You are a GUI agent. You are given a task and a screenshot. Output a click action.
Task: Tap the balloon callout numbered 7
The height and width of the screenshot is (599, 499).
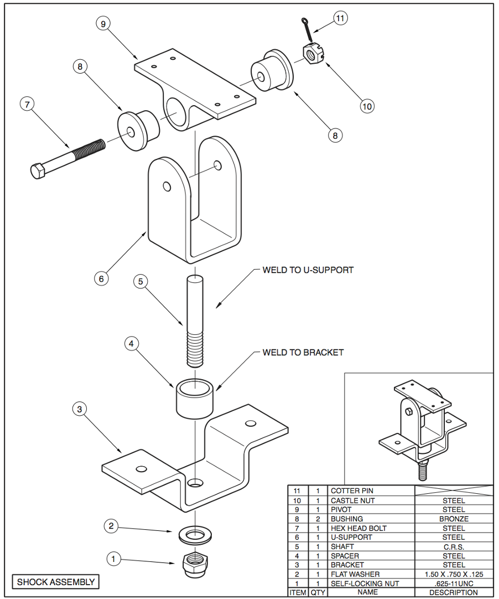pos(27,104)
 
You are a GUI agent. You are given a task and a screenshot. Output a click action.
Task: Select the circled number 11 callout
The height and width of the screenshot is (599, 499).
pos(340,18)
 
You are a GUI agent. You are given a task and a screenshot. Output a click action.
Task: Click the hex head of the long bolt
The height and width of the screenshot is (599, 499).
pos(38,171)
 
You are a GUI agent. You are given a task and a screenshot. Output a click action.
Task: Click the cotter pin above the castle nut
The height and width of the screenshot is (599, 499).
pos(305,27)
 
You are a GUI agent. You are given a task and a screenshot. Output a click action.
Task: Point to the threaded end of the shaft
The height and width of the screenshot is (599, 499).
pos(195,349)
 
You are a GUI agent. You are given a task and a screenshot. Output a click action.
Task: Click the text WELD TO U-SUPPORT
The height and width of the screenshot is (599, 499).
pos(308,270)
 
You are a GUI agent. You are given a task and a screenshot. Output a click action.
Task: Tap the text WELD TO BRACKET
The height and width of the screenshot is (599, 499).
pos(303,352)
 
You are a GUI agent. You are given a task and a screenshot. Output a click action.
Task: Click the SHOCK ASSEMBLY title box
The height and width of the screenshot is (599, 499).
pos(56,582)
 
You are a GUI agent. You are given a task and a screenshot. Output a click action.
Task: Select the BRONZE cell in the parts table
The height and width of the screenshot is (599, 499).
pos(454,519)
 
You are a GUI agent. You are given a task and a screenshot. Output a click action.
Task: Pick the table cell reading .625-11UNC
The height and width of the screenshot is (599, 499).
pos(454,583)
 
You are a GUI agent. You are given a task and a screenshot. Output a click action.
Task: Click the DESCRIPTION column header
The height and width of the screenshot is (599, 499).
pos(454,592)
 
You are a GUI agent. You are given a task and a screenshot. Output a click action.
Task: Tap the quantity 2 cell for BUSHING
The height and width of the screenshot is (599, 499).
pos(318,519)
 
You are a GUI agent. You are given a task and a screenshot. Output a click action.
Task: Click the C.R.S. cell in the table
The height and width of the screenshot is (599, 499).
pos(454,546)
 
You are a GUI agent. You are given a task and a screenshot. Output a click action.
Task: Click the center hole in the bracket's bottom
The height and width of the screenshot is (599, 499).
pos(195,483)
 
